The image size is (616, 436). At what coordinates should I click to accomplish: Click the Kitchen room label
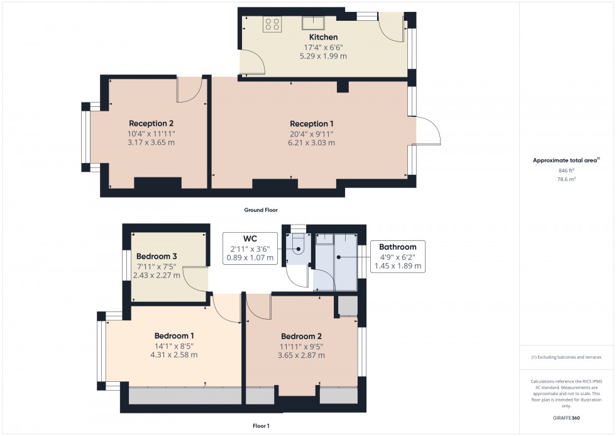(x=323, y=37)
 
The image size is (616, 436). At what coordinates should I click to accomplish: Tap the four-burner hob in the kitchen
(x=273, y=23)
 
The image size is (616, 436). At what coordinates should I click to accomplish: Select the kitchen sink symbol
(x=313, y=23)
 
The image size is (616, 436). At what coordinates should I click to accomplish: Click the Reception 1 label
(x=312, y=124)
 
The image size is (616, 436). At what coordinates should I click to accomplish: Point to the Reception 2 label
(x=151, y=123)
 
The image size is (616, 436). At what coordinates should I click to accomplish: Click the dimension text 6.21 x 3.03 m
(x=312, y=143)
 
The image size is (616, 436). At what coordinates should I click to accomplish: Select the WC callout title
(x=250, y=238)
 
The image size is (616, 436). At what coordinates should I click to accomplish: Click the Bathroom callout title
(x=397, y=247)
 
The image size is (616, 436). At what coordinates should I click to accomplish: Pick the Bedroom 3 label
(x=157, y=256)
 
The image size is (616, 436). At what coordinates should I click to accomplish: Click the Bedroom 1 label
(x=174, y=336)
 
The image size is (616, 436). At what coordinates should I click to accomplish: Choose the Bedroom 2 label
(x=301, y=336)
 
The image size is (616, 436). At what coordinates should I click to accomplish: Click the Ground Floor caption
(x=261, y=210)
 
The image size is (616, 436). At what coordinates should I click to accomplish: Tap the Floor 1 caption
(x=261, y=426)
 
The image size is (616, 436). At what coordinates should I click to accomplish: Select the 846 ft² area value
(x=566, y=170)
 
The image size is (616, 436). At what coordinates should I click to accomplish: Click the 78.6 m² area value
(x=566, y=179)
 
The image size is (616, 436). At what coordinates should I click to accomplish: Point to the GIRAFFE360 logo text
(x=566, y=418)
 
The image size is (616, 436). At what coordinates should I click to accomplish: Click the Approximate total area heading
(x=566, y=160)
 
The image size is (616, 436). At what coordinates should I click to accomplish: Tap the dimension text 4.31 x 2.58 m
(x=174, y=355)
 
